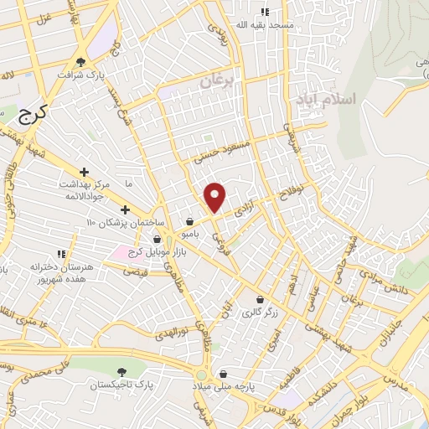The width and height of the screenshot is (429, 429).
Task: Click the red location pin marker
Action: pyautogui.click(x=215, y=196)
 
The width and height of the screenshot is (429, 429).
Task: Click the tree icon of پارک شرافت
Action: pyautogui.click(x=81, y=61)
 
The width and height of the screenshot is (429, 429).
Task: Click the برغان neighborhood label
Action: pyautogui.click(x=220, y=81)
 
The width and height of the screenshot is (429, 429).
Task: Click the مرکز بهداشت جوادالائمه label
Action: pyautogui.click(x=85, y=189)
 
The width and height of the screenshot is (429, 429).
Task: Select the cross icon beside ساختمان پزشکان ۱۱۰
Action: pyautogui.click(x=125, y=209)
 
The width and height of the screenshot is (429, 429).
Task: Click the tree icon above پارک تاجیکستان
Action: pyautogui.click(x=122, y=371)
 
